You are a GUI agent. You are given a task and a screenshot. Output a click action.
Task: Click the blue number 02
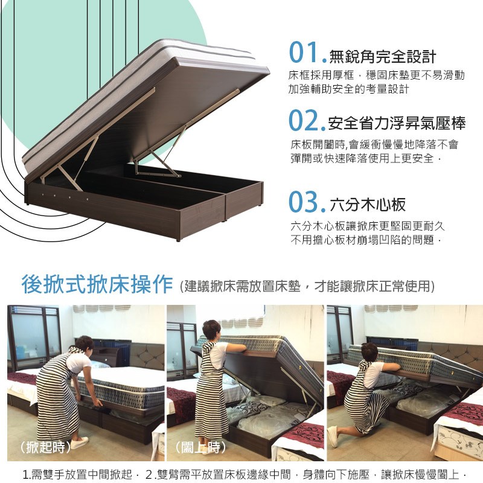(304, 120)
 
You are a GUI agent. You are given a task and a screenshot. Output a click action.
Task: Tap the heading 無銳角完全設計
(383, 56)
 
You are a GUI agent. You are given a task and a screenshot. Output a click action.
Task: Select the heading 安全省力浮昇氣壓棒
(397, 123)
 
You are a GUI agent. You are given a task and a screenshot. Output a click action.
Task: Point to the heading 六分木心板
(368, 204)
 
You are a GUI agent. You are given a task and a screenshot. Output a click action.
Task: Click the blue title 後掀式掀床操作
(97, 284)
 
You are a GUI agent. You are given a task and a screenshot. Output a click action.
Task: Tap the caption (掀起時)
(45, 447)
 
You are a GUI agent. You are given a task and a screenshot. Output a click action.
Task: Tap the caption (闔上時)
(200, 447)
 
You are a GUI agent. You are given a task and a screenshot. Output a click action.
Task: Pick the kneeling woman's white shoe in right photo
(333, 436)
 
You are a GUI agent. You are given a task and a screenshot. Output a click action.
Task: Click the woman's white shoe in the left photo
(79, 443)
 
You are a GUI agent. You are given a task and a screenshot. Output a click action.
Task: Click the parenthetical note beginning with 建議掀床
(307, 286)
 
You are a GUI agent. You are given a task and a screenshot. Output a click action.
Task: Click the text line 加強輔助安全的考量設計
(349, 89)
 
